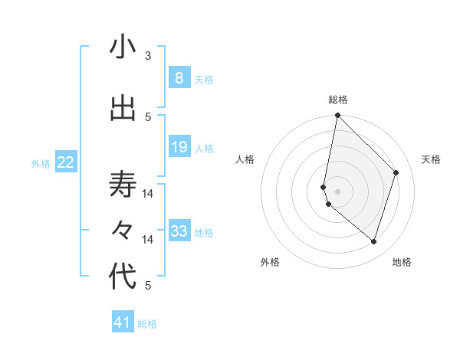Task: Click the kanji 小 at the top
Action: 123,47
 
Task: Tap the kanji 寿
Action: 123,185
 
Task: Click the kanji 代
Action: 123,277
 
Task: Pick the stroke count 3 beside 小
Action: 148,56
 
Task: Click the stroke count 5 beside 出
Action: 148,116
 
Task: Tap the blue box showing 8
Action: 179,78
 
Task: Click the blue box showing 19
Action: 179,147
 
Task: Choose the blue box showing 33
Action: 179,231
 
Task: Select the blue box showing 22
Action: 66,162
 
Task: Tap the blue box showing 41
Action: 123,323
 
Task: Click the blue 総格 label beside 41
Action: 147,324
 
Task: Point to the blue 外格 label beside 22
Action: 41,163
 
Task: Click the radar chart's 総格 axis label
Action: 338,100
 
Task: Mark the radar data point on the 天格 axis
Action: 396,172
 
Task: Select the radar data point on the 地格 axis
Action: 374,242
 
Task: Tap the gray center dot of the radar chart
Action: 338,191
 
